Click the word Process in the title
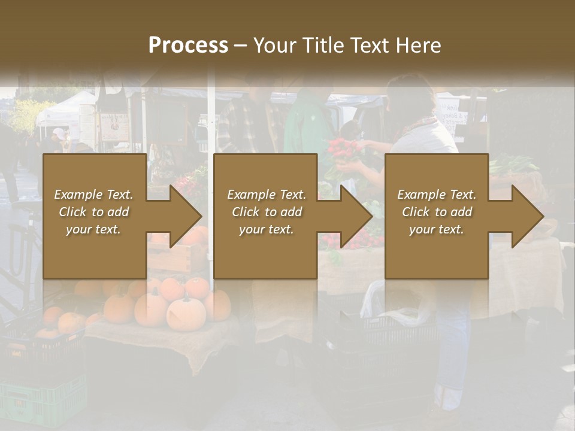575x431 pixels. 188,45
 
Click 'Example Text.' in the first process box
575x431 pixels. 94,195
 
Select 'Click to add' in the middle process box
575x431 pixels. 267,212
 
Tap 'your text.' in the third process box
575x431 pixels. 437,229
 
